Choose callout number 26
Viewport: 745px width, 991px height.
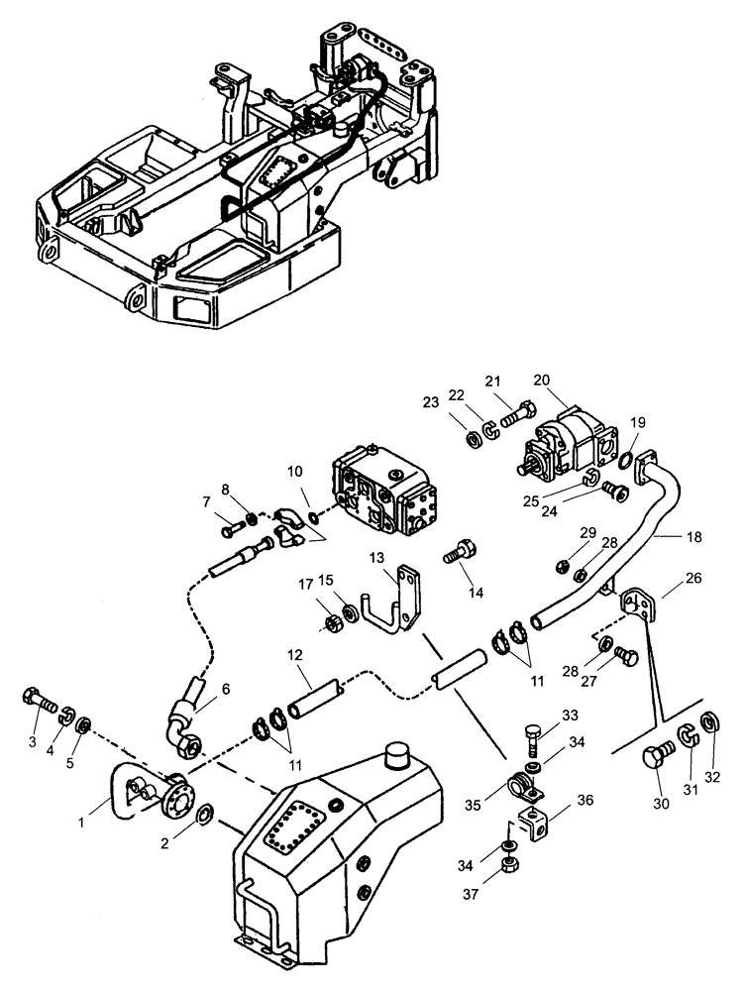tap(666, 576)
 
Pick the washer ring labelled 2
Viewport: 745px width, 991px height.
tap(204, 814)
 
